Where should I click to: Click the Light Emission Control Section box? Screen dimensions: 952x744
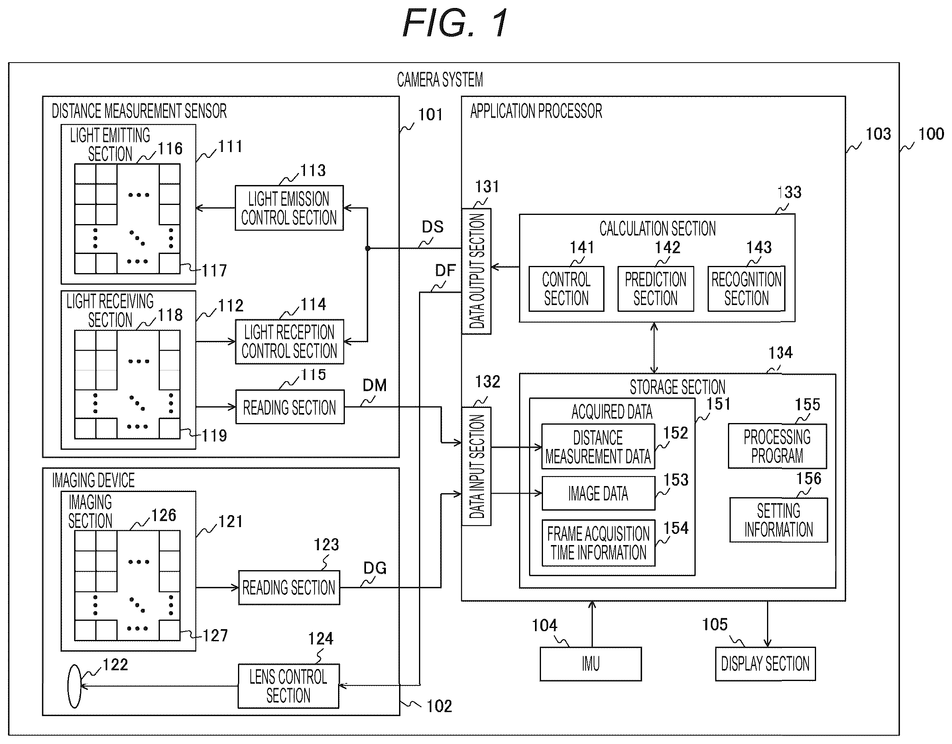point(289,208)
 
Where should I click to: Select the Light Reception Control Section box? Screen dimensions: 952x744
point(289,342)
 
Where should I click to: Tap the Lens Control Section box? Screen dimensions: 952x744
point(289,686)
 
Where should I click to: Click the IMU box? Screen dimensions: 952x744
point(591,664)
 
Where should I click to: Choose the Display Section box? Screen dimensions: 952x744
point(765,664)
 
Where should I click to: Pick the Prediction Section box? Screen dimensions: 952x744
point(655,289)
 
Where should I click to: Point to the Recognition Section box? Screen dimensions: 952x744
point(746,289)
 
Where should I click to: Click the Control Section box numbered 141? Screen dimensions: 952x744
point(566,289)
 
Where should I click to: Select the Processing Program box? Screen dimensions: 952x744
point(777,446)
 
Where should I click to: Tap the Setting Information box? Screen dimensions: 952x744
point(779,520)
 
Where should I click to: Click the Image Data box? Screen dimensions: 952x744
point(598,493)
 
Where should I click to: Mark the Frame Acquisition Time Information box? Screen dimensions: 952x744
point(598,543)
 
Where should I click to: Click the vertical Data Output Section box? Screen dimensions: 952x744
point(476,272)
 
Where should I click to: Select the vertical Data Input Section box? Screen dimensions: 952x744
point(476,466)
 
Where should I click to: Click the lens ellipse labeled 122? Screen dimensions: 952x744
point(75,687)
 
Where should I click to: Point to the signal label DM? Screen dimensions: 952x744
point(374,385)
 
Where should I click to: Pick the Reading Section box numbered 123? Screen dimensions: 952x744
point(289,588)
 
